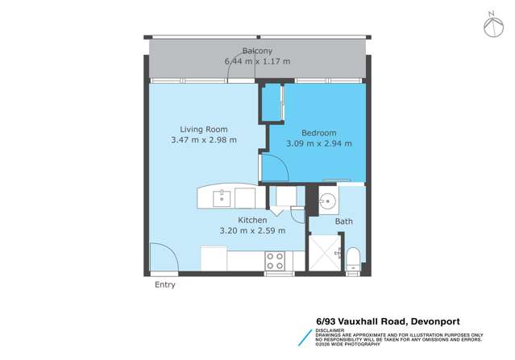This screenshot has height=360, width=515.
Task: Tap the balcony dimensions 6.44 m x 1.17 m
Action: coord(257,60)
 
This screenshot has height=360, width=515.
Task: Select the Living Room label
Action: coord(203,129)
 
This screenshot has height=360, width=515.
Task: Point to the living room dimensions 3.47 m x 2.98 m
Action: coord(203,139)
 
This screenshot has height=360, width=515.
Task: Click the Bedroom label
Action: coord(319,133)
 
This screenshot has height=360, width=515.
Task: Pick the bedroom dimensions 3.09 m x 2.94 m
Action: coord(319,143)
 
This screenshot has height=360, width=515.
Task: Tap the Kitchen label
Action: coord(252,220)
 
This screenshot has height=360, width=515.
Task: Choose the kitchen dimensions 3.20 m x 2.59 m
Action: coord(252,230)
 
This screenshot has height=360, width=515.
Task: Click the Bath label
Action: coord(344,221)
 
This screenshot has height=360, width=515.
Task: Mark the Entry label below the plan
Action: coord(164,284)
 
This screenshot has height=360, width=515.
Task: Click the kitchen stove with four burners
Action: coord(275,260)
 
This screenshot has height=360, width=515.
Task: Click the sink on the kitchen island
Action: coord(222,197)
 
